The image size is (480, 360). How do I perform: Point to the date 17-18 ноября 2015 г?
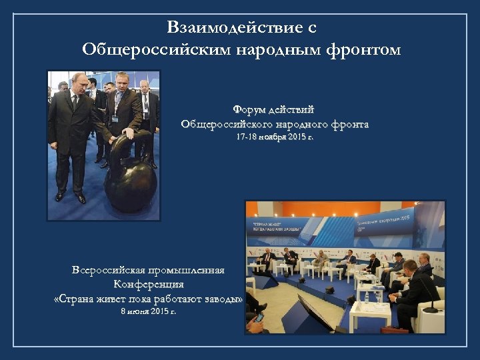point(274,137)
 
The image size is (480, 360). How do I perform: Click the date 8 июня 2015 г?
point(148,311)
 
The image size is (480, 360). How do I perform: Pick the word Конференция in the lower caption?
point(148,285)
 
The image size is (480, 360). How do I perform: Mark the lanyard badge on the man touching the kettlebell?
point(114,117)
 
